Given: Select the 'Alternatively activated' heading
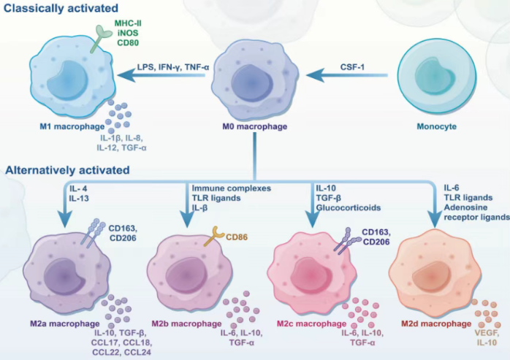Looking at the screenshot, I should click(x=68, y=170).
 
